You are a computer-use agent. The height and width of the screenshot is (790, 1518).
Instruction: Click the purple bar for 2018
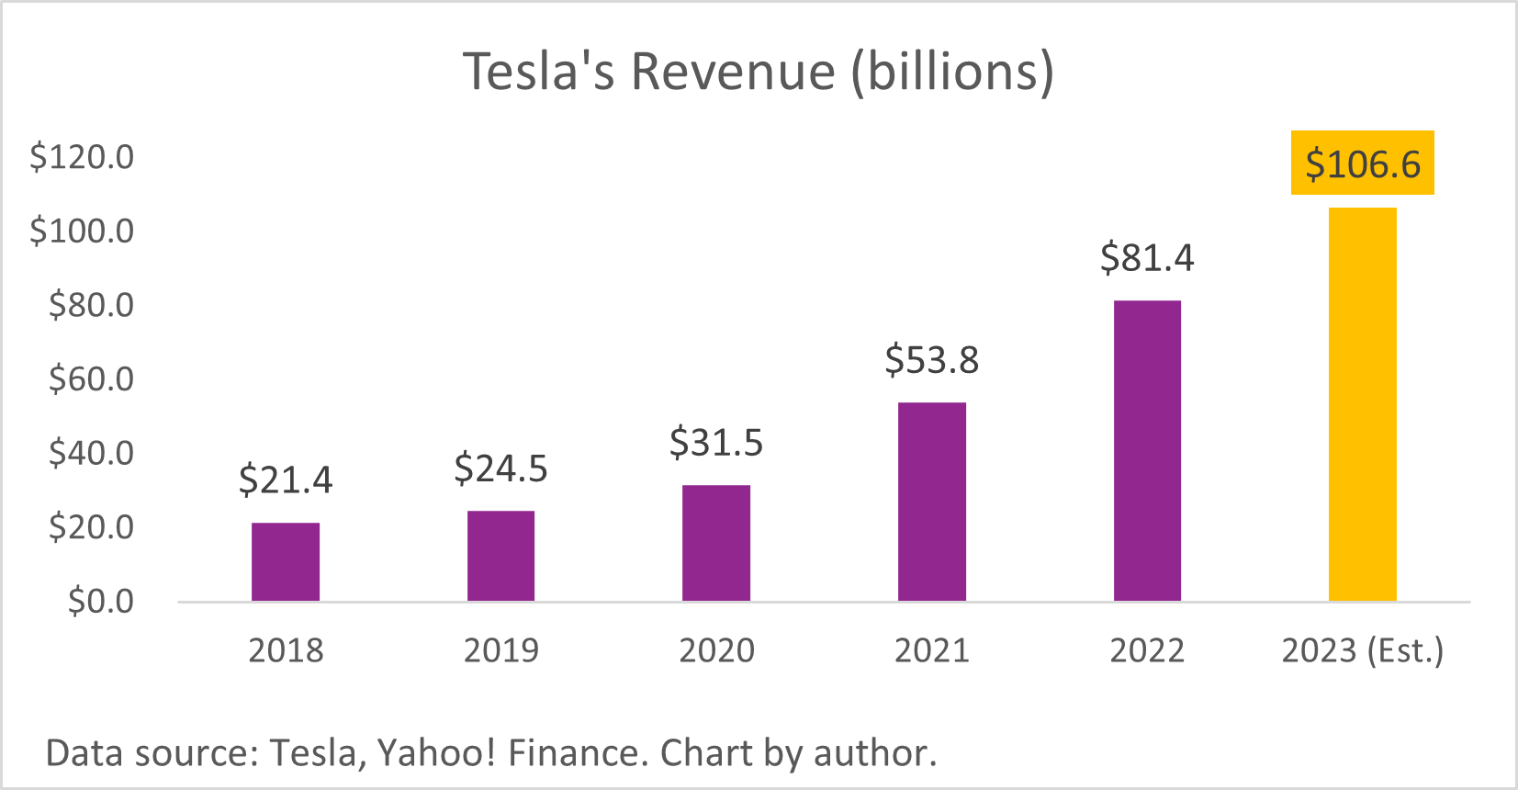[286, 562]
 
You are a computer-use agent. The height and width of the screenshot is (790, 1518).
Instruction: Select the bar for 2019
[500, 556]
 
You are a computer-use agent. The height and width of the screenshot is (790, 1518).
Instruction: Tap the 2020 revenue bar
[716, 543]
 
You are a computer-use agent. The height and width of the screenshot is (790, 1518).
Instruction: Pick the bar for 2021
[932, 502]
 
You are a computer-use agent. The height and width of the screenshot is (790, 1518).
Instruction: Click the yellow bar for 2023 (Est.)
[1363, 404]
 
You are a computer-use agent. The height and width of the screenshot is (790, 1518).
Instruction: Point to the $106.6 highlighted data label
[1363, 164]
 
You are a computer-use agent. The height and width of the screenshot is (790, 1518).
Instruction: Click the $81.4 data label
[1147, 258]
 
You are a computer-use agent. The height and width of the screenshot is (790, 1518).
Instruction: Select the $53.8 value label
[932, 360]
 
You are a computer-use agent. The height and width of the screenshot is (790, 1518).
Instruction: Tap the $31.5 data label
[716, 443]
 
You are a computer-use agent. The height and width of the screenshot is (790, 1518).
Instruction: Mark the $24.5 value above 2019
[500, 468]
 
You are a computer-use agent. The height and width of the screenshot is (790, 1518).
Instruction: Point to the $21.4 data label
[286, 480]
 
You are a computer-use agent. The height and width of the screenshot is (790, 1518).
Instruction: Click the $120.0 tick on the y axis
[82, 157]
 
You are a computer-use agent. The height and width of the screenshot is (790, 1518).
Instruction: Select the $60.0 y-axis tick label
[91, 378]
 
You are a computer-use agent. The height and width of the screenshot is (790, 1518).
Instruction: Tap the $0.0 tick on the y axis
[101, 601]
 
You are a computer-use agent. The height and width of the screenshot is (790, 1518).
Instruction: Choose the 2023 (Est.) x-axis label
[1363, 650]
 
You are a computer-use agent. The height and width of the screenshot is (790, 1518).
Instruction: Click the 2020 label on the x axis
[716, 650]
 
